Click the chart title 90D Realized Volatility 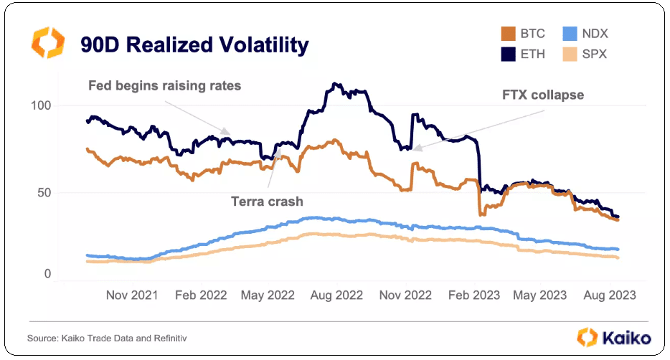click(194, 45)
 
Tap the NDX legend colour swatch click(570, 34)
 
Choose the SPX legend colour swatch click(570, 54)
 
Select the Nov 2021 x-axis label click(131, 295)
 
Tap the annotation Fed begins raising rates click(164, 86)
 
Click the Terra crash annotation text click(267, 202)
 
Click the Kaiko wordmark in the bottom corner click(626, 337)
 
